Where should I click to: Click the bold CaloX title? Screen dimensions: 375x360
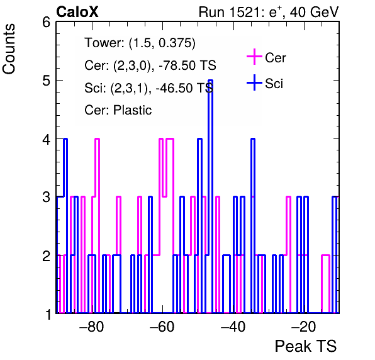tap(77, 12)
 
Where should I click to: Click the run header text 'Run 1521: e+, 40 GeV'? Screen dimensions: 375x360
tap(269, 12)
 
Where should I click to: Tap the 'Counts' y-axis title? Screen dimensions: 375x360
tap(9, 49)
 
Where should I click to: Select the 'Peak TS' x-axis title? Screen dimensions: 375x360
tap(306, 346)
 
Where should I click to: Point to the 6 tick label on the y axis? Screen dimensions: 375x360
tap(47, 23)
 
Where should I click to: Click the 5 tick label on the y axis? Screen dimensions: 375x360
tap(47, 81)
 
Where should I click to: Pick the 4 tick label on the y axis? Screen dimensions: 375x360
tap(47, 139)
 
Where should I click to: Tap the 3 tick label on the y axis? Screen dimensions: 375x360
tap(47, 198)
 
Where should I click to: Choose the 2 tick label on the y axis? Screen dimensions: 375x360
tap(47, 256)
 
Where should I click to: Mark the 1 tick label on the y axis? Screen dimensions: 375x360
tap(48, 314)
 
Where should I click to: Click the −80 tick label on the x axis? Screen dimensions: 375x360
tap(92, 327)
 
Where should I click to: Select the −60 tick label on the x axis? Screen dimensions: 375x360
tap(162, 327)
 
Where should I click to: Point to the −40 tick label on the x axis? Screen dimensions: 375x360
tap(233, 327)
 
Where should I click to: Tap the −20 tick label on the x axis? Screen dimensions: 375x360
tap(304, 327)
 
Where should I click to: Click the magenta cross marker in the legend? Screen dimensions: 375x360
tap(254, 57)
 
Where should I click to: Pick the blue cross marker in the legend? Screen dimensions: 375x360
tap(254, 82)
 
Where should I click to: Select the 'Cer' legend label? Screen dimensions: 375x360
tap(276, 58)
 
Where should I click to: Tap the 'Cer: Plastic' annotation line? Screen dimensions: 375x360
tap(118, 110)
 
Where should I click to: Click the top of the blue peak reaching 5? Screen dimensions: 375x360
tap(210, 81)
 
